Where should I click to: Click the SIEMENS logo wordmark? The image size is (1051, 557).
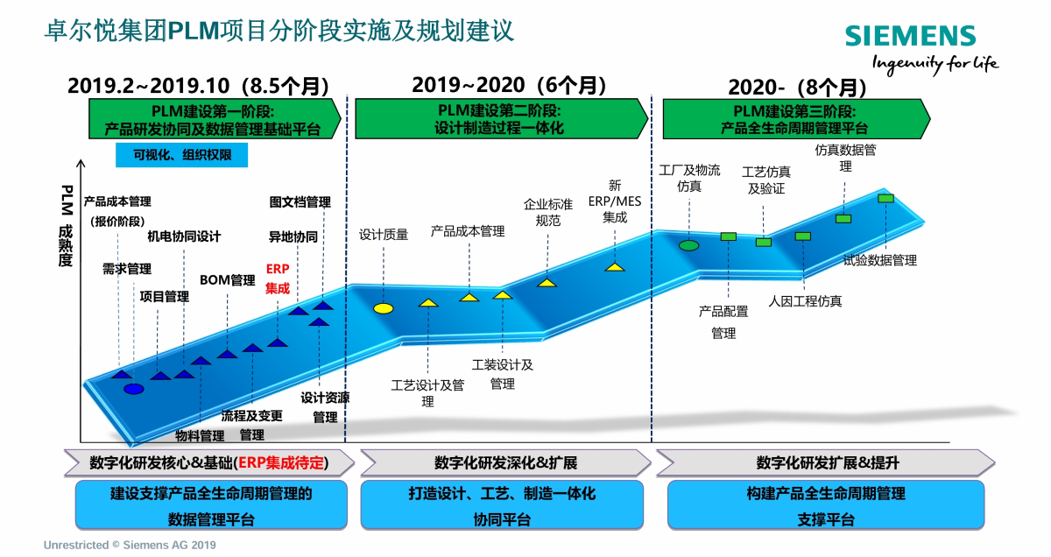coord(909,36)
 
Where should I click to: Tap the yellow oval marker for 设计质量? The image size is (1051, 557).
coord(384,308)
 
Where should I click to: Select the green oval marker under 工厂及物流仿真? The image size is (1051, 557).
coord(689,245)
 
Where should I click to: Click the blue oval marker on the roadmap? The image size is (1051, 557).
coord(133,389)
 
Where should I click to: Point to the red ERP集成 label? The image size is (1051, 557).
coord(278,279)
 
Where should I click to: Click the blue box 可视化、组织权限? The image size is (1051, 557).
coord(181,155)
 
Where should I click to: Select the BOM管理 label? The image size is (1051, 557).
coord(227,280)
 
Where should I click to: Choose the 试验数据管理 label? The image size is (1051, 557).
coord(879,260)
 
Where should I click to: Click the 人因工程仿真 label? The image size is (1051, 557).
coord(805,301)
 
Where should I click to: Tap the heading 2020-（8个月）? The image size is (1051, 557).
coord(797,88)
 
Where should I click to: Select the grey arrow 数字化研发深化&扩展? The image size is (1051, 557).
coord(505,462)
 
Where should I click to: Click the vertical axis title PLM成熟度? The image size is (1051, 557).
coord(66,226)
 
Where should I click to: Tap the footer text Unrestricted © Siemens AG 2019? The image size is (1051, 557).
coord(130,545)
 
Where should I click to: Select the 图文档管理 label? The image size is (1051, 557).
coord(300,202)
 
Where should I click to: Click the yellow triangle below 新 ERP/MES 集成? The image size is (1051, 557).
coord(615,266)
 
